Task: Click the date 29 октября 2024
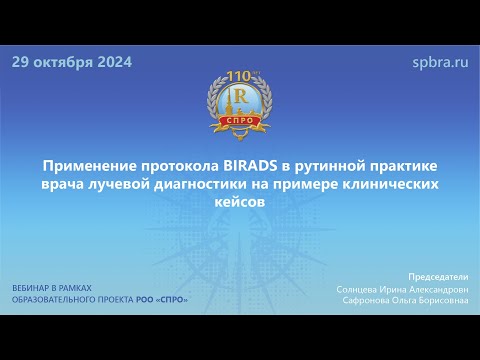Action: tap(71, 62)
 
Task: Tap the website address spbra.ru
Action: tap(440, 62)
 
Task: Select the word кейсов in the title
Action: tap(240, 201)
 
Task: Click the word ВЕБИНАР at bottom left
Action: tap(35, 288)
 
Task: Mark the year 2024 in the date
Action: tap(110, 62)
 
